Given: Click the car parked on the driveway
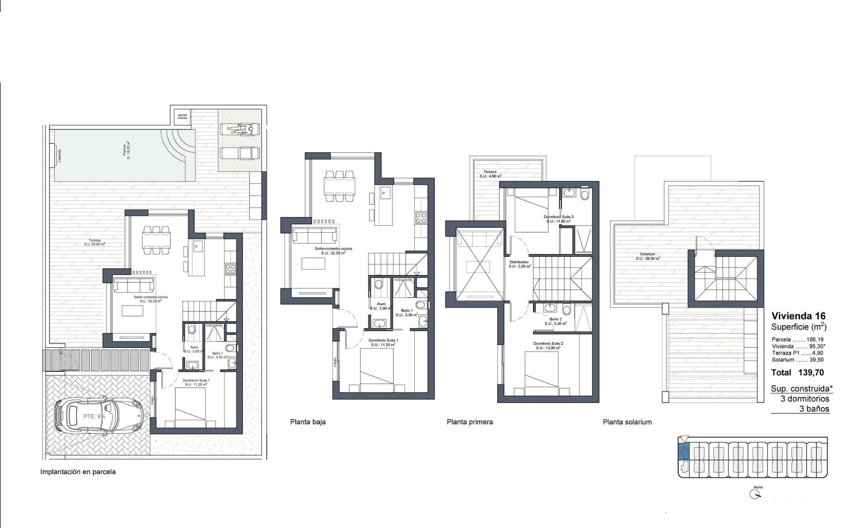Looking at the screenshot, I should point(99,416).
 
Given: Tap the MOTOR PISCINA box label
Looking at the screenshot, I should point(182,117).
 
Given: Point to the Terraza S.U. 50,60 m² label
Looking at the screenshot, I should point(94,242).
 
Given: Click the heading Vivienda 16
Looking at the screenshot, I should point(798,316).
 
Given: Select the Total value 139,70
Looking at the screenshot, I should point(811,373).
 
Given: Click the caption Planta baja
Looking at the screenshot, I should point(308,422).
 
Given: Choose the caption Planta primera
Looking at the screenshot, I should point(470,422).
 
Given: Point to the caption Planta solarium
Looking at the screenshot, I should point(627,422).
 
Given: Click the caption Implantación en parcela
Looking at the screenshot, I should point(78,472).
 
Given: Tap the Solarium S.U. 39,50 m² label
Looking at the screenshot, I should point(647,257).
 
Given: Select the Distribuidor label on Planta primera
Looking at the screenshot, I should point(520,264).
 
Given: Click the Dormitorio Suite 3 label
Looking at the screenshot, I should point(558,219).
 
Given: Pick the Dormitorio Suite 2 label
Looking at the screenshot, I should point(548,345).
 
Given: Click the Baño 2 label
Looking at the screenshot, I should point(555,321).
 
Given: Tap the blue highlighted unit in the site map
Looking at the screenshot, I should point(683,452).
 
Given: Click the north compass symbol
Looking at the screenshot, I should point(755,495).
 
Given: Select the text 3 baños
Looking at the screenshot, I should point(814,409).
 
